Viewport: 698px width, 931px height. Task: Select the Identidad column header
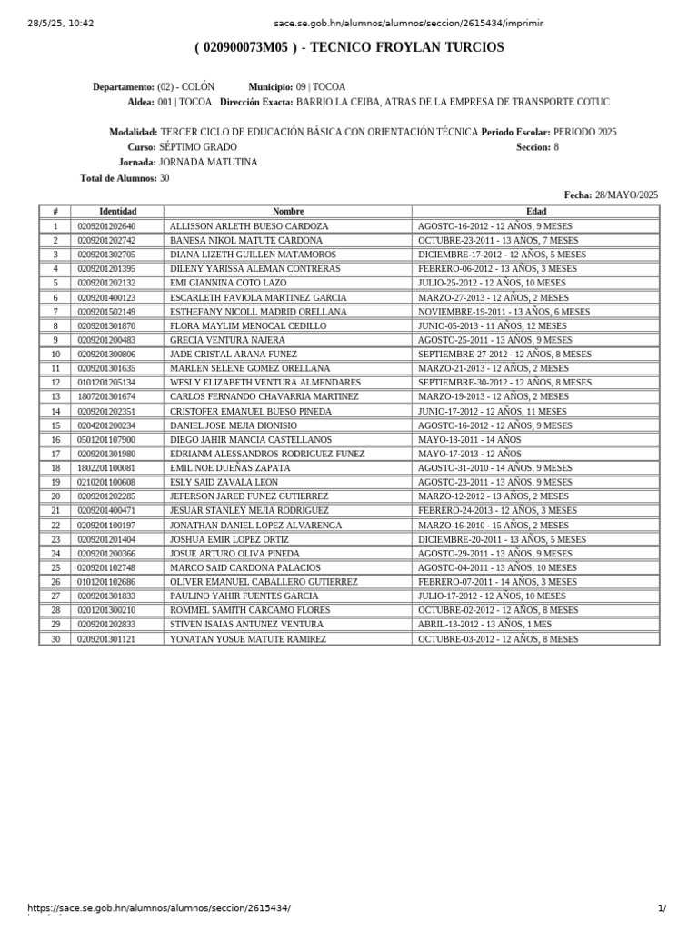[117, 211]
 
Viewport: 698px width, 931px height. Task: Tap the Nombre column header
[287, 211]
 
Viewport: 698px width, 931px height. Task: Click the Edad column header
[536, 211]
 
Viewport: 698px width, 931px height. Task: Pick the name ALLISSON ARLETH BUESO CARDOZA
[249, 225]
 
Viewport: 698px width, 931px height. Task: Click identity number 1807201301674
[106, 396]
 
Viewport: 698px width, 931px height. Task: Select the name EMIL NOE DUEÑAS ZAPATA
[230, 467]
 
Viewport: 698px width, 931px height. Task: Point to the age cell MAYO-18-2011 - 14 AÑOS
[470, 439]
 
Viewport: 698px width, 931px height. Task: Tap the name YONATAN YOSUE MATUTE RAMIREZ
[248, 639]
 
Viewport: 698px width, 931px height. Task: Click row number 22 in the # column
[55, 525]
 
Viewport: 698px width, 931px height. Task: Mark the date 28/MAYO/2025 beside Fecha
[626, 195]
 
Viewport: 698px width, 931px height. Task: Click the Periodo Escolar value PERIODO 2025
[584, 132]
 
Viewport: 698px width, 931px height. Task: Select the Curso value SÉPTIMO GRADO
[197, 147]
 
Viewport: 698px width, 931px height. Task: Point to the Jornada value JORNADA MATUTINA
[208, 162]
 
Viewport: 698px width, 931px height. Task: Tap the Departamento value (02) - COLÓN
[186, 87]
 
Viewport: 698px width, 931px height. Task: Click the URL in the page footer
[160, 908]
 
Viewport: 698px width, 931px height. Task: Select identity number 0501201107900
[106, 439]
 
